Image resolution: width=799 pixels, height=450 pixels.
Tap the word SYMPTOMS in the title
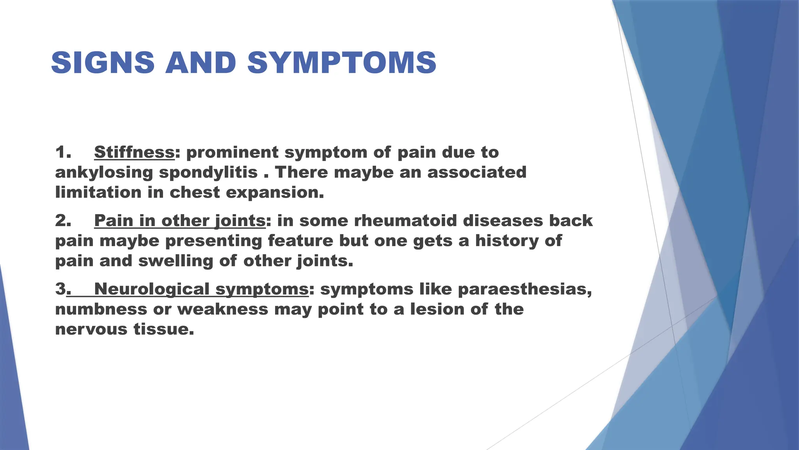[x=342, y=62]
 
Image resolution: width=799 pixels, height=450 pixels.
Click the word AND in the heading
[x=201, y=62]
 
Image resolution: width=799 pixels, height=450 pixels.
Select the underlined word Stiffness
[x=134, y=152]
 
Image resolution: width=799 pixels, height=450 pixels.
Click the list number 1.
[x=63, y=152]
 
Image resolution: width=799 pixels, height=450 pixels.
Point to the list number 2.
[x=63, y=220]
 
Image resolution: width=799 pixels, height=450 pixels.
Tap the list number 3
[x=61, y=289]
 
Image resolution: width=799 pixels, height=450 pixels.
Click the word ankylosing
[x=104, y=173]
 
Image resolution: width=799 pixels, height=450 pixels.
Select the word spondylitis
[x=208, y=173]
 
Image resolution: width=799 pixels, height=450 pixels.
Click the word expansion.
[x=275, y=193]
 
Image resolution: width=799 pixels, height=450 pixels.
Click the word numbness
[x=101, y=309]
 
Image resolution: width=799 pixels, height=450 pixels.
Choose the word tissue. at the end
[x=164, y=329]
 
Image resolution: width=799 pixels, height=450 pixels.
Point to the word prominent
[x=233, y=152]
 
